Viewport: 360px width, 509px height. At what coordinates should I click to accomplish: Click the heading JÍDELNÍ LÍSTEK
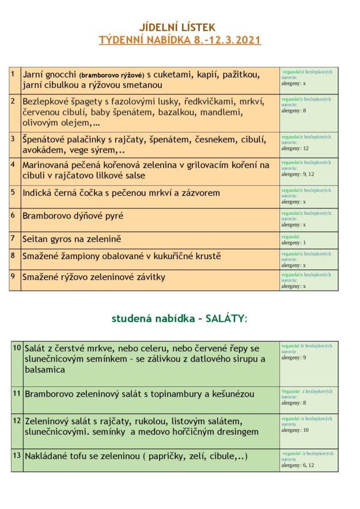[177, 27]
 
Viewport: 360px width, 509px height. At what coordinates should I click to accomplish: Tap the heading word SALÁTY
[226, 318]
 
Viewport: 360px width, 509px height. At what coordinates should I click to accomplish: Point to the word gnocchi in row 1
[62, 74]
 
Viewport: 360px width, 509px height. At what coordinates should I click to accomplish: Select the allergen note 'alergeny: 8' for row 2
[294, 111]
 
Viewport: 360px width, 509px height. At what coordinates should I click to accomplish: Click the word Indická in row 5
[40, 193]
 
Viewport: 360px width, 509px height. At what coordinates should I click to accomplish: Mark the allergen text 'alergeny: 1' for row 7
[294, 243]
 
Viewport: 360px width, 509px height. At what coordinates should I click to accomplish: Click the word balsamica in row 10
[44, 370]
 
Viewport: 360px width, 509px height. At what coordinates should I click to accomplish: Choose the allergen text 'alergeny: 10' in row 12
[295, 430]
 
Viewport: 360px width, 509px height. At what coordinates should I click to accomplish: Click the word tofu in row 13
[78, 456]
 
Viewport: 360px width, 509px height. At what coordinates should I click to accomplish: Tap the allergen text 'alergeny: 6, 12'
[298, 465]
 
